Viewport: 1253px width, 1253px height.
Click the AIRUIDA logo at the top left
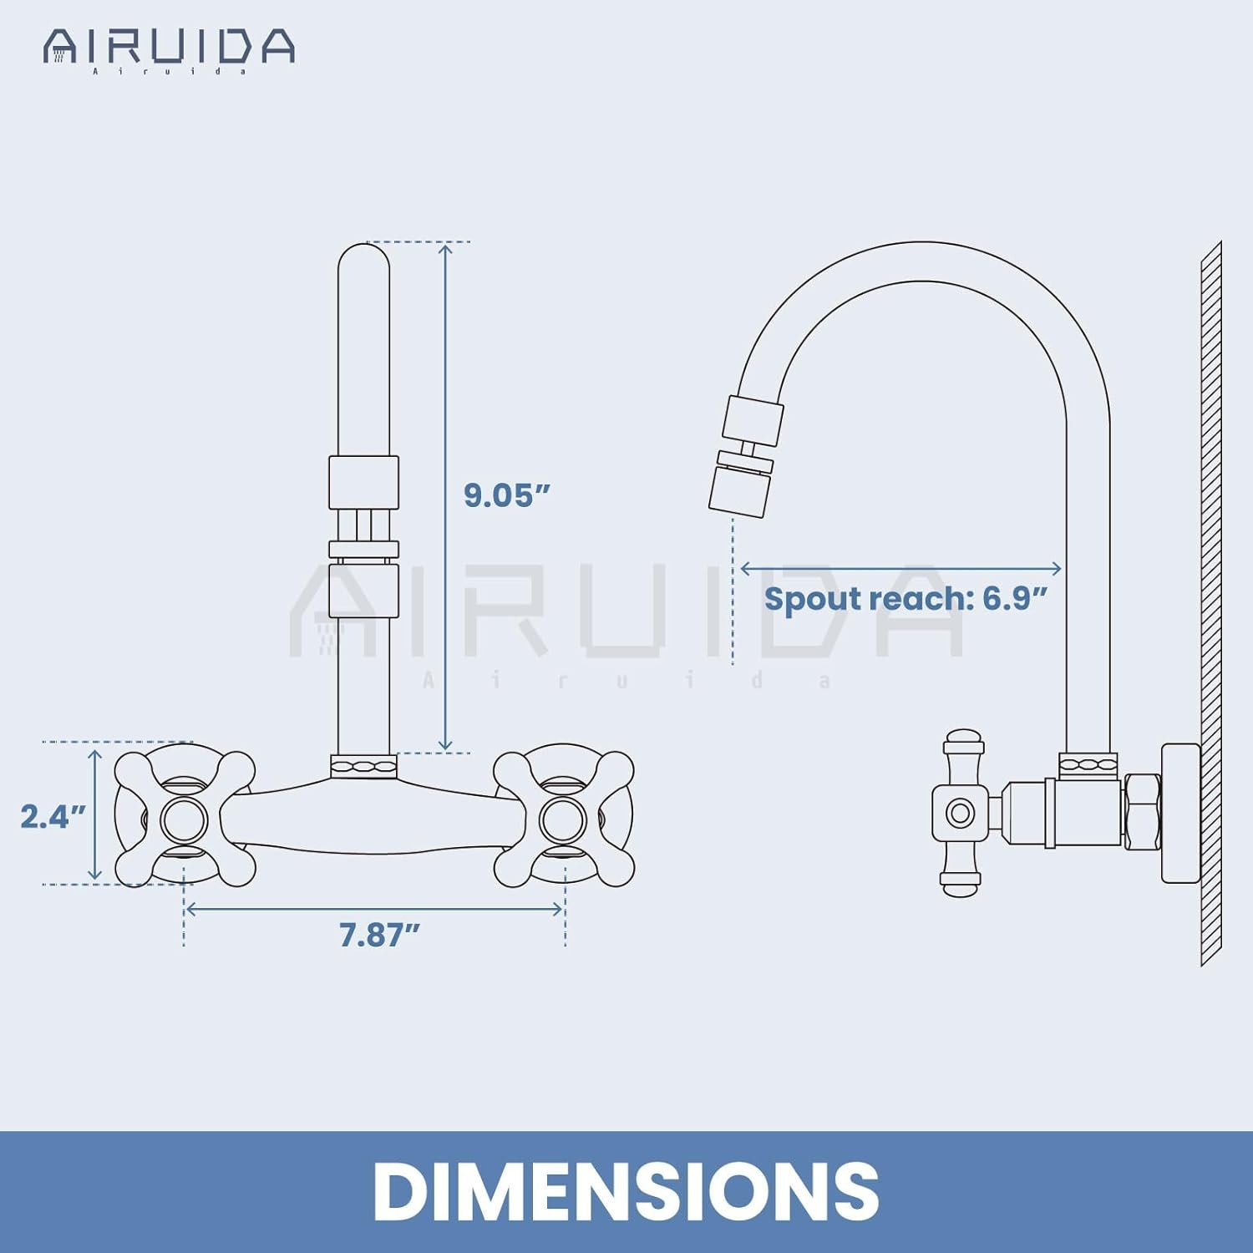coord(169,48)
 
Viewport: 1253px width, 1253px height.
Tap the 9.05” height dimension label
coord(507,495)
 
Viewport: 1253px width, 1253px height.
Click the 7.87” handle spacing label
coord(379,935)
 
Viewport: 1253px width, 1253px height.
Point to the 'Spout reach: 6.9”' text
coord(906,599)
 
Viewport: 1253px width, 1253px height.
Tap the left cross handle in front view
coord(184,819)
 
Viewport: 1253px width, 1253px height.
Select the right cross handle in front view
coord(563,819)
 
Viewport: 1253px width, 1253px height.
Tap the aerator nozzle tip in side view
coord(739,490)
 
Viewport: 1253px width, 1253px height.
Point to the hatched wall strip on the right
coord(1210,601)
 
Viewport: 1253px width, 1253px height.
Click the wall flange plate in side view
coord(1179,812)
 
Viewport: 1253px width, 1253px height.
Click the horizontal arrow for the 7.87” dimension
coord(374,909)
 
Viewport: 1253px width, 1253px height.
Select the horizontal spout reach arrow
coord(900,569)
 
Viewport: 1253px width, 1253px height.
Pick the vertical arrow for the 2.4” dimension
coord(95,814)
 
